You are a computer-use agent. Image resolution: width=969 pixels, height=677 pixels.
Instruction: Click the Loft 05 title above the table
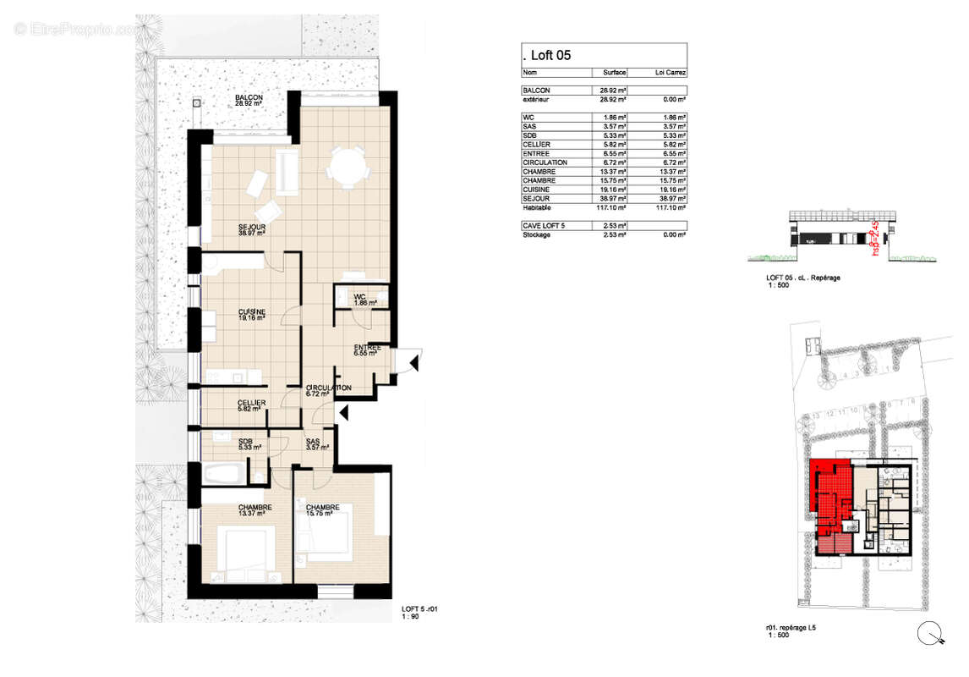(x=550, y=56)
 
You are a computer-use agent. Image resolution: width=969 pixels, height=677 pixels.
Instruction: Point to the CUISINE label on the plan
(x=251, y=316)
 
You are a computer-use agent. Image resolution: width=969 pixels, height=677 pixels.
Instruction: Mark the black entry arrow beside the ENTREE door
(x=414, y=363)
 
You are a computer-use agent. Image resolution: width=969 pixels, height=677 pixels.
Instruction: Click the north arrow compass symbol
(x=930, y=632)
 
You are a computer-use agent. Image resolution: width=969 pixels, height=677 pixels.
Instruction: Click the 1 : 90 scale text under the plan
(x=410, y=617)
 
